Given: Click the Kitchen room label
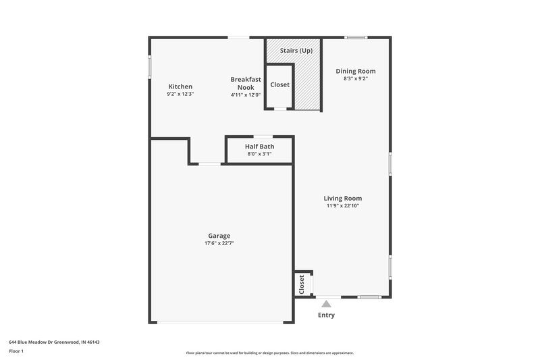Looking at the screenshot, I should [180, 86].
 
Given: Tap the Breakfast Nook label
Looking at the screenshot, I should [245, 83].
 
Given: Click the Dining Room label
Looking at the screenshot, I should [355, 71].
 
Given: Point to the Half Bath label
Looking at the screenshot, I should [259, 146].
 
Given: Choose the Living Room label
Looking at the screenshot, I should [343, 198].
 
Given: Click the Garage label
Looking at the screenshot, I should [219, 236].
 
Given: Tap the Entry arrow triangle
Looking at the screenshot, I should [327, 304].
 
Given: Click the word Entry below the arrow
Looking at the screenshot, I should [326, 315].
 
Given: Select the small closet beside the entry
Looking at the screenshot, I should [302, 284].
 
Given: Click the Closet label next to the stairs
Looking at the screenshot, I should [279, 85].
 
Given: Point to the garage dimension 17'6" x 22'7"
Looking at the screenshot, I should [219, 243].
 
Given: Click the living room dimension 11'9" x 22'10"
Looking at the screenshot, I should [343, 205].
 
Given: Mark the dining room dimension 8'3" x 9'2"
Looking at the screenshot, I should [355, 78].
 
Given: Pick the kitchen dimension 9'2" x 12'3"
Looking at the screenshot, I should [180, 94].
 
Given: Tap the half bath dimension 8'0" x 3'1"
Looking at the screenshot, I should [259, 153].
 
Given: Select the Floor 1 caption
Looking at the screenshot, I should [16, 351].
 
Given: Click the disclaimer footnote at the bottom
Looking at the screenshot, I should [269, 353].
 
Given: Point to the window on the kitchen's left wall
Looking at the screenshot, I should [150, 67].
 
